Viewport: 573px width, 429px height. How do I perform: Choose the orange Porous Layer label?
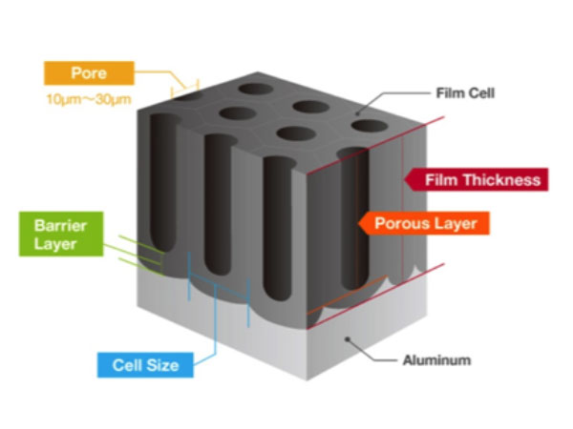click(426, 225)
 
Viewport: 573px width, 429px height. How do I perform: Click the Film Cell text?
click(465, 93)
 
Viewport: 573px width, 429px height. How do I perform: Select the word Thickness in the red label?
click(501, 179)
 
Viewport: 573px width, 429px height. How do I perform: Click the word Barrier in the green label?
click(47, 227)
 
